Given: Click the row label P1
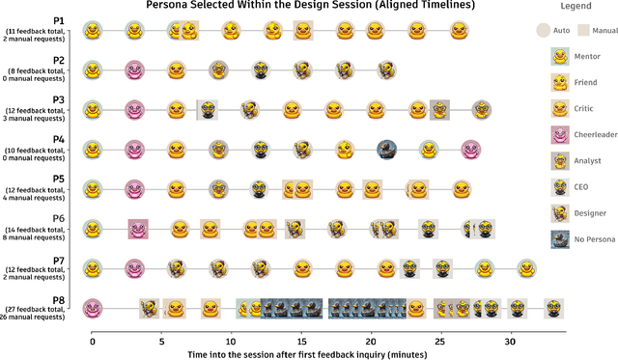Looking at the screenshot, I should [59, 20].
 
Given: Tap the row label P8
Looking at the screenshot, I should [59, 297].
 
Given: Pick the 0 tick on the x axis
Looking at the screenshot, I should [92, 340].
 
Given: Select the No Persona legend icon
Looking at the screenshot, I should [558, 236].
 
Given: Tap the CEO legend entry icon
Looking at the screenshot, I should [558, 185].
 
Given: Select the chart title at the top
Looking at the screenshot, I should [310, 6].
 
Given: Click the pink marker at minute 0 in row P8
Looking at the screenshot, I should [92, 308].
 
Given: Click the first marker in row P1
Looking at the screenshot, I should [92, 31].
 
